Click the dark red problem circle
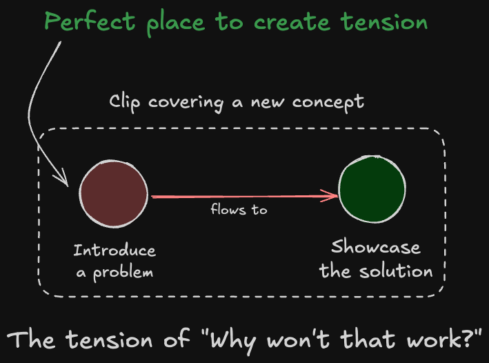coord(113,194)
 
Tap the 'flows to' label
coord(239,209)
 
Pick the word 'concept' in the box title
coord(328,103)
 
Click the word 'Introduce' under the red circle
coord(114,250)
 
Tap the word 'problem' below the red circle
coord(124,272)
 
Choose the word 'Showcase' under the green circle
coord(375,247)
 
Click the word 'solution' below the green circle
coord(395,270)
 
